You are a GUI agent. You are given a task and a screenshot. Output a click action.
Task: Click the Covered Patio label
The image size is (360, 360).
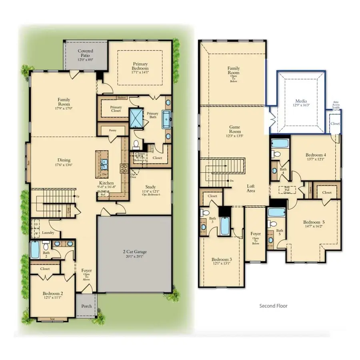point(86,54)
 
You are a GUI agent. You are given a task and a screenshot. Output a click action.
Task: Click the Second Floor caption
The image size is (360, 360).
point(273,306)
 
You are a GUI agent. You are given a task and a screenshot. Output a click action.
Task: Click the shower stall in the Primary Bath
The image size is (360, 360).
point(137,118)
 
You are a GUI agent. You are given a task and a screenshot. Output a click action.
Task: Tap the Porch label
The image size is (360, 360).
point(86,306)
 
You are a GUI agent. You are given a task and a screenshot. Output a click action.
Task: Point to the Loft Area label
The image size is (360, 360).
point(251,188)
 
